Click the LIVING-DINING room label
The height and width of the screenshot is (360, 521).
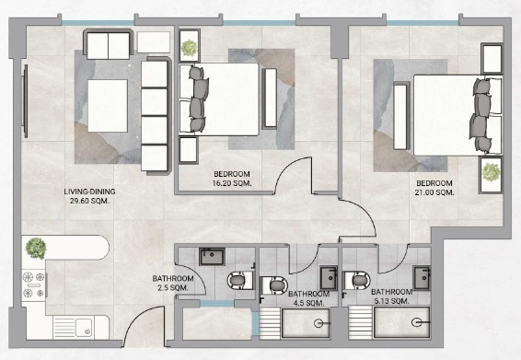click(x=89, y=192)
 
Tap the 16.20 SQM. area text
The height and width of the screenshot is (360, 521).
click(x=232, y=183)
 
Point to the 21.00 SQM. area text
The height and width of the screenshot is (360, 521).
click(x=434, y=192)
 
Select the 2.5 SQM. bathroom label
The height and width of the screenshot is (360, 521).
click(x=173, y=288)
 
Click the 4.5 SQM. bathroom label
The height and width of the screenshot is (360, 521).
click(x=308, y=303)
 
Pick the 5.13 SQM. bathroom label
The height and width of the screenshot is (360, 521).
click(x=391, y=301)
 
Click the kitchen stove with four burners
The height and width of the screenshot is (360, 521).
click(x=33, y=285)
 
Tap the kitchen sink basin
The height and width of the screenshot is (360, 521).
click(x=84, y=328)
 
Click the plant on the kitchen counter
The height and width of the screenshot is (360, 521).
click(x=36, y=248)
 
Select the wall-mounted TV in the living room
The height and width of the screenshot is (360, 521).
click(x=25, y=101)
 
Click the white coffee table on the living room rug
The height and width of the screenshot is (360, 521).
click(x=108, y=106)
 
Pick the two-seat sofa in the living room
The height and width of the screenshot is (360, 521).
click(x=108, y=44)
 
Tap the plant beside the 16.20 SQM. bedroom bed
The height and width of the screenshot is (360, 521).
click(x=189, y=48)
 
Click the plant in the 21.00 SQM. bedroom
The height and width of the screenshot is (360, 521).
click(x=491, y=172)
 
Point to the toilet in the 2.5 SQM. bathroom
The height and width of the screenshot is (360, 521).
click(x=240, y=280)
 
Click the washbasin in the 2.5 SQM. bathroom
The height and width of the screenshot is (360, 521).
click(x=213, y=256)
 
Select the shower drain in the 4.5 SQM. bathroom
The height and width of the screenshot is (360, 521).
click(x=318, y=322)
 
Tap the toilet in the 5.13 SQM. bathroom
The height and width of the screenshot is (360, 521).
click(x=356, y=281)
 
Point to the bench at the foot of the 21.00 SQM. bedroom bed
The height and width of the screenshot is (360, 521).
click(x=400, y=116)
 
